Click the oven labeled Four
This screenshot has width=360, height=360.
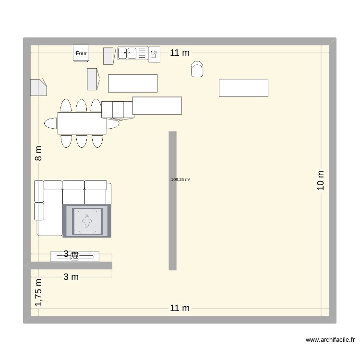click(81, 53)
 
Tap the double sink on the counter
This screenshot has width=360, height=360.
click(127, 53)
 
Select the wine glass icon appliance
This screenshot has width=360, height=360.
click(154, 54)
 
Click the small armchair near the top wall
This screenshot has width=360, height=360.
click(197, 70)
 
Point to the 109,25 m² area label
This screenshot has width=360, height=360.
click(180, 180)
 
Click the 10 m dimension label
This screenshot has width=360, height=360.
click(321, 180)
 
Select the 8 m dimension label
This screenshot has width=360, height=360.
click(38, 153)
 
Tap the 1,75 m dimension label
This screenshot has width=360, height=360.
click(38, 292)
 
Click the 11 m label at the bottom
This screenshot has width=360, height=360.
click(180, 308)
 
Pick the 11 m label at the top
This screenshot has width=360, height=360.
click(180, 53)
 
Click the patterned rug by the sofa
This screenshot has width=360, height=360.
click(87, 221)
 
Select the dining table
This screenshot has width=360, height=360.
click(82, 123)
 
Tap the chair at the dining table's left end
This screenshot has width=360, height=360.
click(50, 123)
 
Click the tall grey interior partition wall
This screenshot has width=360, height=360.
click(172, 200)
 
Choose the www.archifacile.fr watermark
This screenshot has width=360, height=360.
click(330, 340)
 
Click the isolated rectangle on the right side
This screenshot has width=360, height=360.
click(243, 88)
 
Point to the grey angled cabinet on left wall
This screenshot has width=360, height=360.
click(38, 88)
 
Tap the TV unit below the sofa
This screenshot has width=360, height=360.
click(75, 256)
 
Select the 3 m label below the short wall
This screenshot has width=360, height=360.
click(71, 276)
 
